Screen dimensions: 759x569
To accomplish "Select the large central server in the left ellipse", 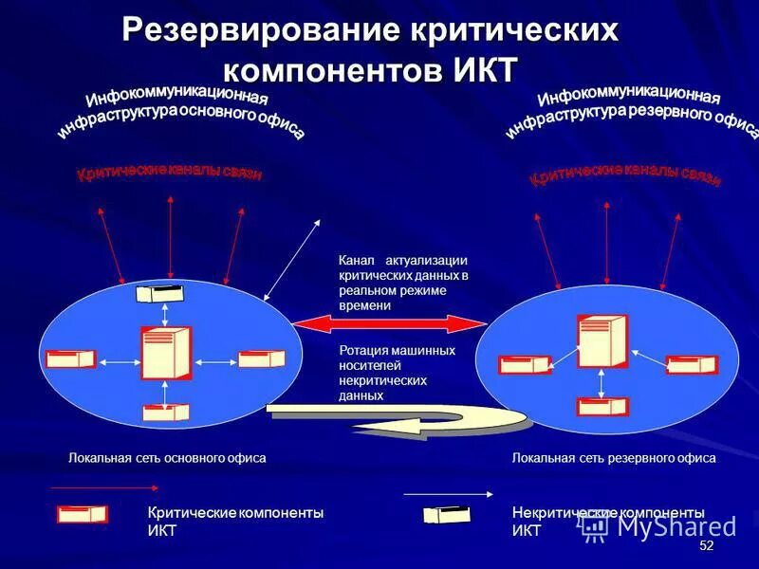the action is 165,353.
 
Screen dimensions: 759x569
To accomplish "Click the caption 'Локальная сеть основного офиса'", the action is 167,458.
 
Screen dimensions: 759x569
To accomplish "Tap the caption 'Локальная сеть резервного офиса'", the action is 614,458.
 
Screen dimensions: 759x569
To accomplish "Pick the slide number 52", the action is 706,547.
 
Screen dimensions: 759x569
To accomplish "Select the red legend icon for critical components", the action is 83,514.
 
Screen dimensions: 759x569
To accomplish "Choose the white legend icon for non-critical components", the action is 447,515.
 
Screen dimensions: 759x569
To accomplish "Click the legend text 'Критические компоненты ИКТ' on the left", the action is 235,521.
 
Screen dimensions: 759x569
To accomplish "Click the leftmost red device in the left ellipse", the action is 70,358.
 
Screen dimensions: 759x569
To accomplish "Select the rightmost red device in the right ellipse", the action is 692,365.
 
